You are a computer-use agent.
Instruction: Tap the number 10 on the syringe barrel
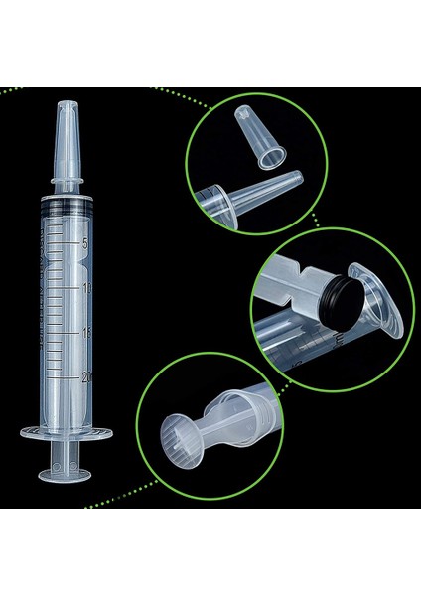pyautogui.click(x=87, y=288)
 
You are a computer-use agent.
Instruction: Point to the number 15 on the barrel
pyautogui.click(x=87, y=333)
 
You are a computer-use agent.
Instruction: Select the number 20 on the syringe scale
pyautogui.click(x=87, y=377)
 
